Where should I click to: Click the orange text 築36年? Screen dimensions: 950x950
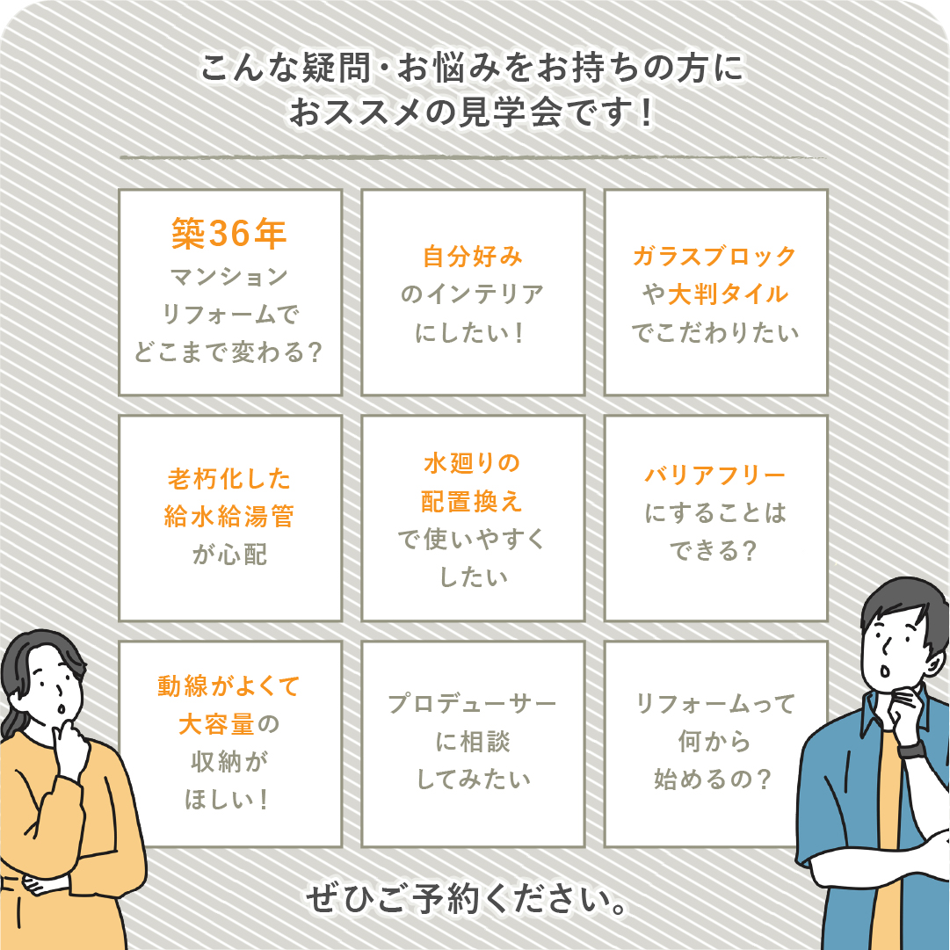[x=229, y=234]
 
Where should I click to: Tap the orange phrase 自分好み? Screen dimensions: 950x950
[x=473, y=257]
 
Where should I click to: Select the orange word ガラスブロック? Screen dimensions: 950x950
[x=715, y=257]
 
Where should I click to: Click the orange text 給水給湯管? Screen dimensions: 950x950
[x=229, y=517]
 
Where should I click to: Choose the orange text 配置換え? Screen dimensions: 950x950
[x=472, y=502]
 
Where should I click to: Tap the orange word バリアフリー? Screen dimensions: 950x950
[x=715, y=475]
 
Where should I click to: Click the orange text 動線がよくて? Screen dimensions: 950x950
[x=229, y=686]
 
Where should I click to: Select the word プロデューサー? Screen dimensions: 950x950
[x=472, y=703]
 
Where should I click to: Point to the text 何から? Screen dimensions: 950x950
[x=715, y=741]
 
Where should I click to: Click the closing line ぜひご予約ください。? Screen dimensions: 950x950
[x=467, y=899]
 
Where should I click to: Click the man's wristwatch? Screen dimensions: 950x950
[x=912, y=751]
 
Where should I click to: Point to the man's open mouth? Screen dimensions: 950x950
[x=885, y=671]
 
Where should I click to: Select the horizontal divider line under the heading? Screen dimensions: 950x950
[x=473, y=157]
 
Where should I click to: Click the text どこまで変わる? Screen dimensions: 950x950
[x=229, y=352]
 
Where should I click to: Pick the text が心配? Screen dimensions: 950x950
[x=229, y=555]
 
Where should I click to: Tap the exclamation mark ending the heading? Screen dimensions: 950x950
[x=647, y=112]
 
